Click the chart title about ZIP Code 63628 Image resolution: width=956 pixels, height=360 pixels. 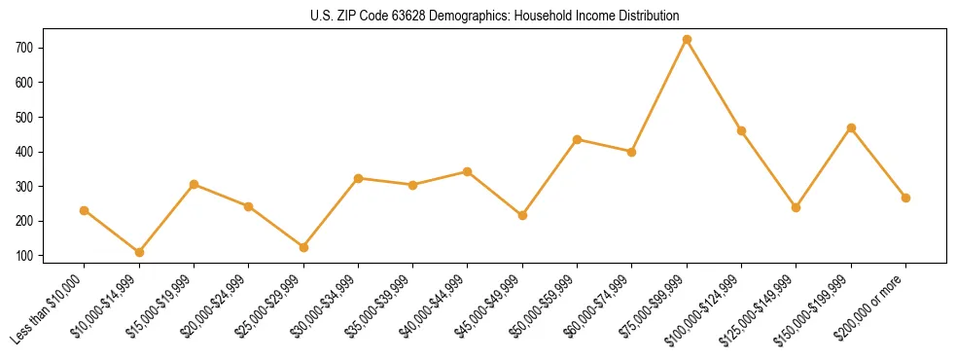(x=477, y=16)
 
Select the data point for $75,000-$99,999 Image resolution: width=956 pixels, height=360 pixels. (x=687, y=40)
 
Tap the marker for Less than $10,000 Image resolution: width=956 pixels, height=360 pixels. (x=85, y=210)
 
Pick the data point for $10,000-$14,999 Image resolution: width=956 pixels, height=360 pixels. (x=139, y=252)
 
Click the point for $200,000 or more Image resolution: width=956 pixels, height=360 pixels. (x=905, y=198)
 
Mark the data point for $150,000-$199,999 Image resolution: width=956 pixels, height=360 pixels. (x=851, y=127)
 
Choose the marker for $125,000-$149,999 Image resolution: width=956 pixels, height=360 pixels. (x=797, y=207)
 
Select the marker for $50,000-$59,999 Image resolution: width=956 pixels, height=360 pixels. (x=578, y=139)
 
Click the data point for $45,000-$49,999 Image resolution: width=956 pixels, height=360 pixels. (x=522, y=215)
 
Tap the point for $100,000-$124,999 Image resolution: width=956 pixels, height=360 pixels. (x=741, y=130)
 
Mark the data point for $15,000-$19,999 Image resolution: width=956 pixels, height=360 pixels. (x=195, y=184)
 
